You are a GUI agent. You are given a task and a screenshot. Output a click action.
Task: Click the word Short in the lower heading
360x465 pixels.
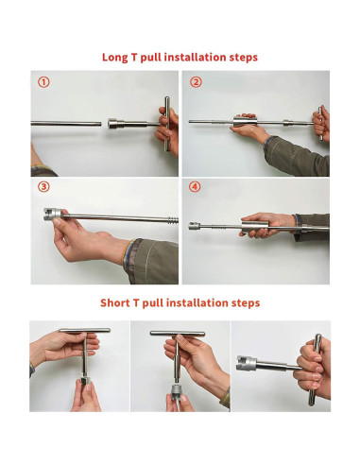click(x=114, y=302)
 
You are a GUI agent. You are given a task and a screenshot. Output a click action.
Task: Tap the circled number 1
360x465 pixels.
click(x=43, y=82)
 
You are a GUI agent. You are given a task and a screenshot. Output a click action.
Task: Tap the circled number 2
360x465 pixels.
click(x=196, y=82)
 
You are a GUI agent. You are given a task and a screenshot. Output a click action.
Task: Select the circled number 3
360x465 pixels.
click(x=43, y=187)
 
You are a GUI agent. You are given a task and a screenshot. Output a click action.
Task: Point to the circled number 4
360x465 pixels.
click(x=195, y=187)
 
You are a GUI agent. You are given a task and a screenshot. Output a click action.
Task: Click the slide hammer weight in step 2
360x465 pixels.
click(x=245, y=121)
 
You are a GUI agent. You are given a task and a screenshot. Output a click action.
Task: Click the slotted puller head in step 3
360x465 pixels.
click(x=52, y=214)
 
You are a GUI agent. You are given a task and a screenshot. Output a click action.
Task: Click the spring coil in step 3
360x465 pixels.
click(x=173, y=220)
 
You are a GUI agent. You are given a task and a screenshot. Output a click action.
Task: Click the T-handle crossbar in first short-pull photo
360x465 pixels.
click(x=84, y=330)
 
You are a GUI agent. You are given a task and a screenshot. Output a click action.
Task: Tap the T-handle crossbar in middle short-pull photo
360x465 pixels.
click(x=178, y=333)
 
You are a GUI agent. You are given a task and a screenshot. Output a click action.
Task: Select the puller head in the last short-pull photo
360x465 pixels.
click(x=247, y=363)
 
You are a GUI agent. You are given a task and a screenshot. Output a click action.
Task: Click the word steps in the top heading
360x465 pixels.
click(x=244, y=58)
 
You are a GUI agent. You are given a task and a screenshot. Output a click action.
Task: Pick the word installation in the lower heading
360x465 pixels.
click(x=197, y=302)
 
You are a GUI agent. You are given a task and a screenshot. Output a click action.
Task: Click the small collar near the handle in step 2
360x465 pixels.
click(x=287, y=123)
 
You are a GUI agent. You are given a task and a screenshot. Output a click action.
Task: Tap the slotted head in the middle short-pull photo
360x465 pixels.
click(x=177, y=390)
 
